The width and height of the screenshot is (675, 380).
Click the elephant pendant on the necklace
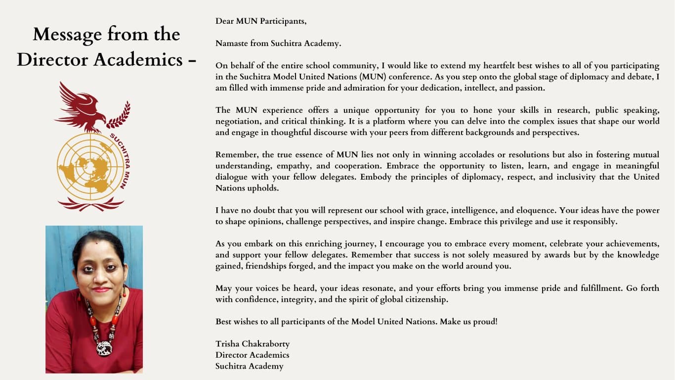(x=104, y=348)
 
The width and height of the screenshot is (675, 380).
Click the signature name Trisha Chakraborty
(x=253, y=343)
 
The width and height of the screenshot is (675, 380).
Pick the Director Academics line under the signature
(x=252, y=355)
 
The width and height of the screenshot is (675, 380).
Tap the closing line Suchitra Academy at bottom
(x=249, y=366)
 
